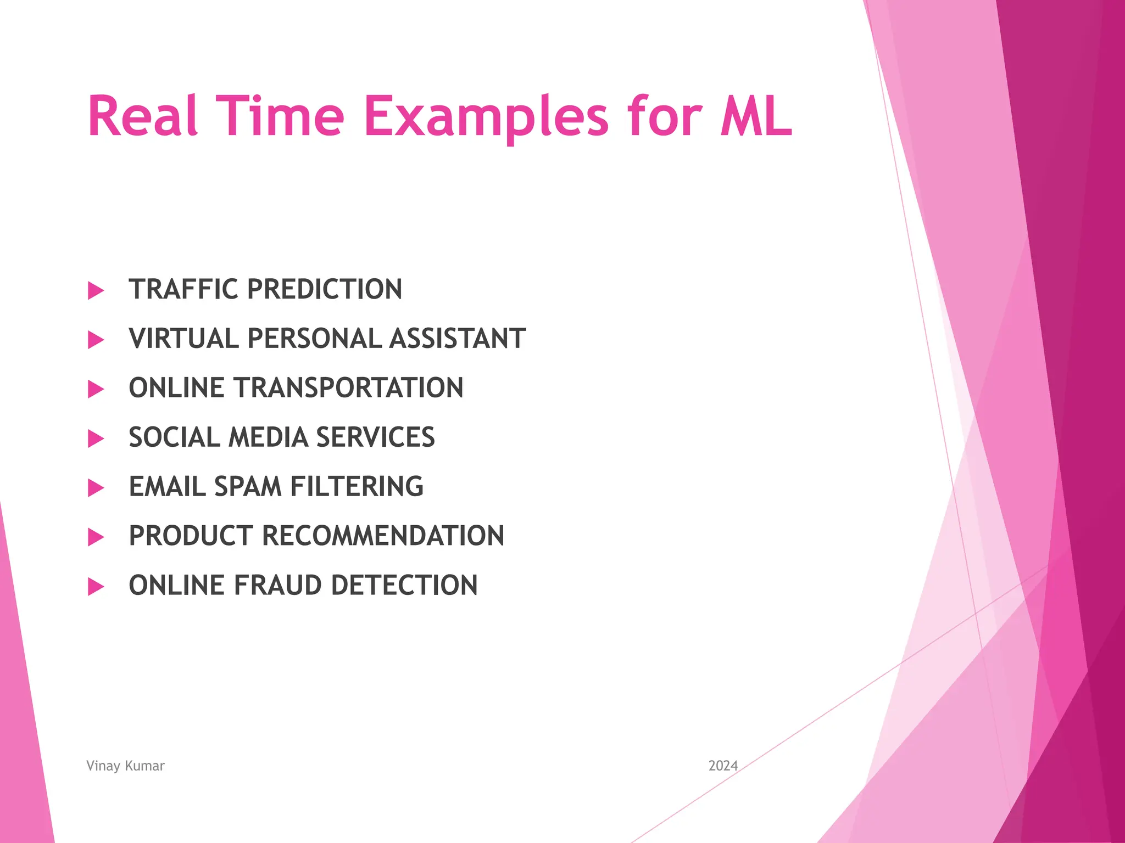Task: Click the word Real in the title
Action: (x=142, y=116)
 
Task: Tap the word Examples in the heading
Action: (x=486, y=116)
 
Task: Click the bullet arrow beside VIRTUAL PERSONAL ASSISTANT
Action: (x=96, y=340)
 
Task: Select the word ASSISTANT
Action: (x=458, y=338)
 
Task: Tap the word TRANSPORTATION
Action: (x=349, y=387)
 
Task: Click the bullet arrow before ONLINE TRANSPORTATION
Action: (x=96, y=389)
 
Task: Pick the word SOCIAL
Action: (x=175, y=437)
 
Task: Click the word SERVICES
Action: (x=375, y=437)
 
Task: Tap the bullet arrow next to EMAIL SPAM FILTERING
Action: (x=96, y=487)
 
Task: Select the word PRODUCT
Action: (x=191, y=536)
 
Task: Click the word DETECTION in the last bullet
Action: (x=404, y=585)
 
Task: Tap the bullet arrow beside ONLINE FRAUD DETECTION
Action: (x=96, y=586)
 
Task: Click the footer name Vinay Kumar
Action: (x=125, y=766)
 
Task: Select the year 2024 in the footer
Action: (x=723, y=766)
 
